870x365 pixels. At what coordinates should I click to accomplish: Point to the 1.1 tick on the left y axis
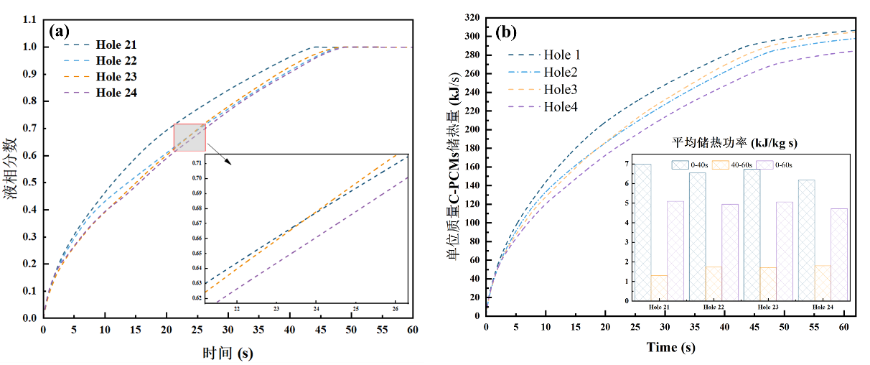pos(29,20)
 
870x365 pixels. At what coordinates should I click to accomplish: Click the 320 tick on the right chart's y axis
pos(470,17)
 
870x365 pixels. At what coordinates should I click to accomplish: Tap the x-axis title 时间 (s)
pos(228,353)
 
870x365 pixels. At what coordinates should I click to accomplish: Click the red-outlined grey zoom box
pos(190,138)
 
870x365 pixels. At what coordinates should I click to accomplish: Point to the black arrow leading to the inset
pos(221,157)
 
